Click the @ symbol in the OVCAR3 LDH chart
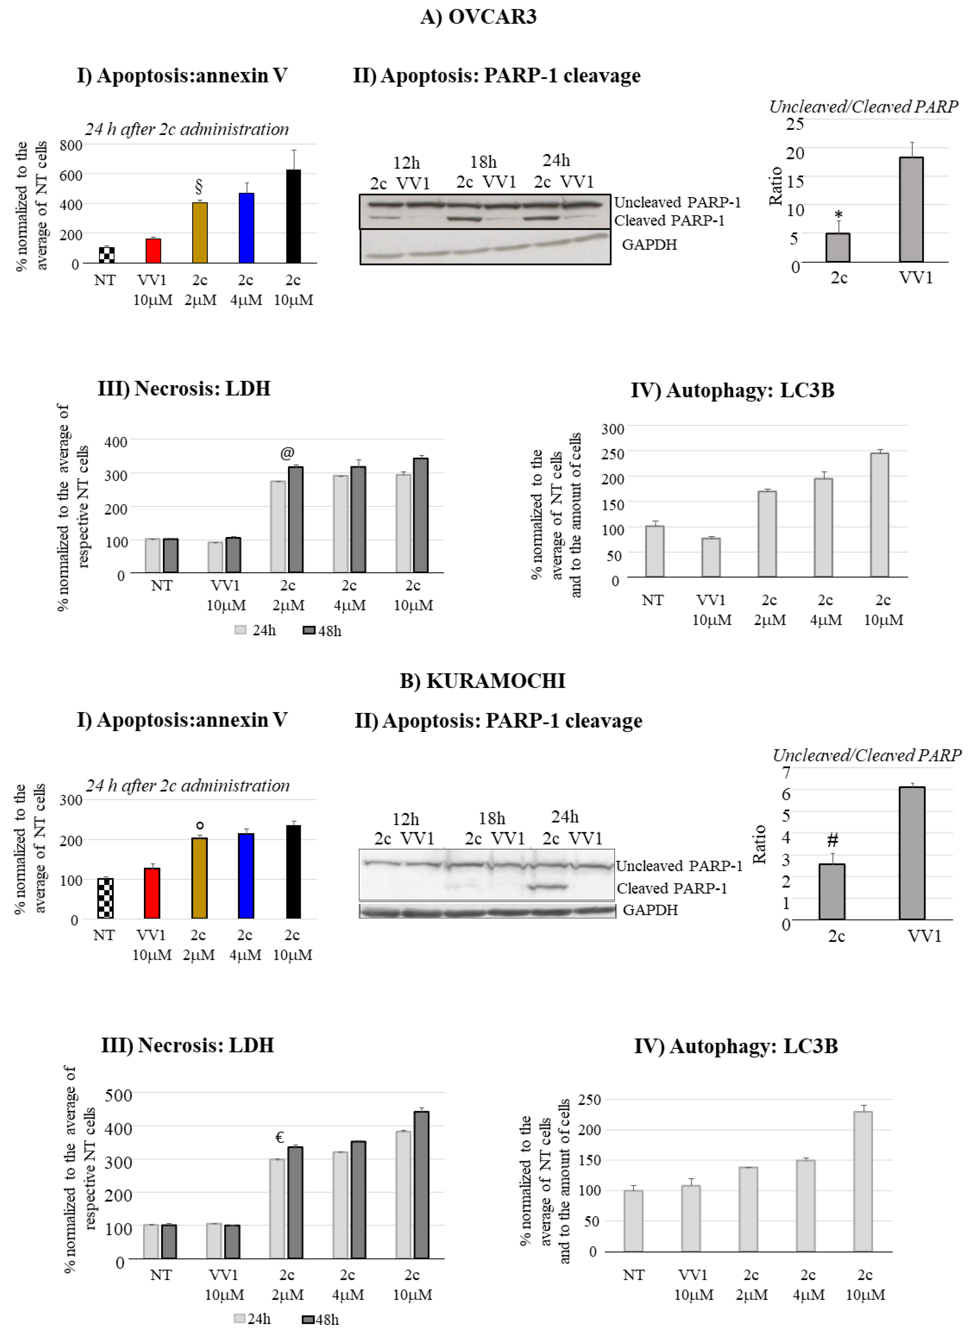tap(287, 453)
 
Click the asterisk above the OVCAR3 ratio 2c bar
tap(838, 215)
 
